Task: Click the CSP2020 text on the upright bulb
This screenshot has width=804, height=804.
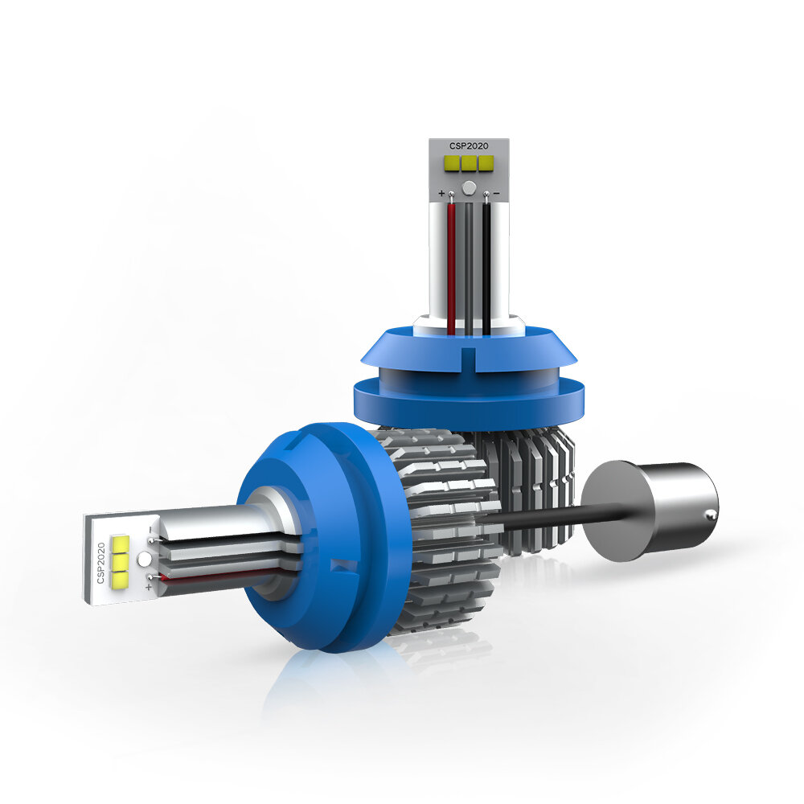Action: pyautogui.click(x=469, y=146)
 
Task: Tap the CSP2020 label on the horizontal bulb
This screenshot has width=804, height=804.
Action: pyautogui.click(x=101, y=563)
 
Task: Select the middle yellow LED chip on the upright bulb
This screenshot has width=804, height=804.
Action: pyautogui.click(x=469, y=163)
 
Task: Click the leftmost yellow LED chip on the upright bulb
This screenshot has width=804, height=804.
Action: pyautogui.click(x=452, y=163)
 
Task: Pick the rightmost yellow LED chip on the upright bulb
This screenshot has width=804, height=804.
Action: pyautogui.click(x=486, y=163)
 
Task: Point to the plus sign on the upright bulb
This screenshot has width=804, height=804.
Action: pyautogui.click(x=441, y=193)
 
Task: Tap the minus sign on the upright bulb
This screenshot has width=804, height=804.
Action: pyautogui.click(x=496, y=193)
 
